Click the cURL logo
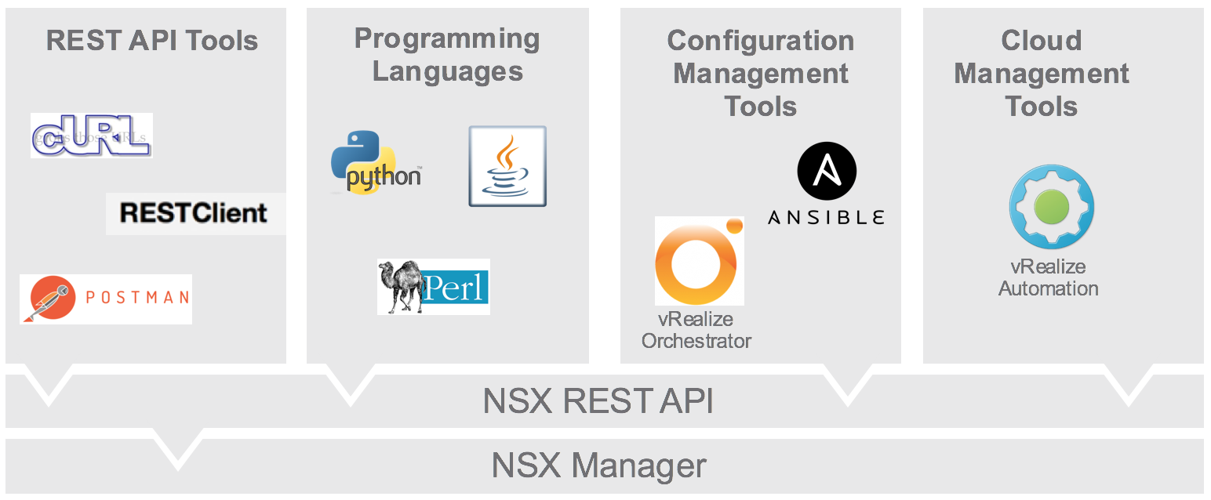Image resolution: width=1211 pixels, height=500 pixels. click(91, 136)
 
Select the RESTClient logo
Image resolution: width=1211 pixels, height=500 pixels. click(195, 213)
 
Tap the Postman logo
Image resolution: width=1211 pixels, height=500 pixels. click(106, 299)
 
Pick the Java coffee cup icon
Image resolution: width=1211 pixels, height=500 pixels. click(507, 166)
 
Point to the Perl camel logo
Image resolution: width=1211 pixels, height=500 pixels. click(433, 287)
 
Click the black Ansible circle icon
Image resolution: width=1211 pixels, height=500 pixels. click(827, 170)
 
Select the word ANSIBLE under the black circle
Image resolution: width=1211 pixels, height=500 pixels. click(826, 217)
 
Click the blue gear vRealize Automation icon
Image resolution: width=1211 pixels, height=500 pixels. click(1051, 207)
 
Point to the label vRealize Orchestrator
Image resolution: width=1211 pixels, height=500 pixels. click(696, 330)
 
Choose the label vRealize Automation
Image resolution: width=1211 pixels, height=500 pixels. click(1048, 277)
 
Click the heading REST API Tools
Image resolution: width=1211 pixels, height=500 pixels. click(152, 40)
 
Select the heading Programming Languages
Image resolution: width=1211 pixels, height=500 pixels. click(447, 55)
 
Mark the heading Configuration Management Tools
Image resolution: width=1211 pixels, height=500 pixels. click(761, 73)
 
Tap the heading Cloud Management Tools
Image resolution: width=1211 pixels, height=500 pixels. click(1042, 73)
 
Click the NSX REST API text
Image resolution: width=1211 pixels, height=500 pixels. click(598, 401)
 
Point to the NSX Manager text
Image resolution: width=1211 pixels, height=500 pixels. click(598, 465)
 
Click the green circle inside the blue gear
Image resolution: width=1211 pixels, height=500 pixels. click(1051, 207)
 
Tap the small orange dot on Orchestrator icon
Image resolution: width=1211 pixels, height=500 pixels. click(733, 226)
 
